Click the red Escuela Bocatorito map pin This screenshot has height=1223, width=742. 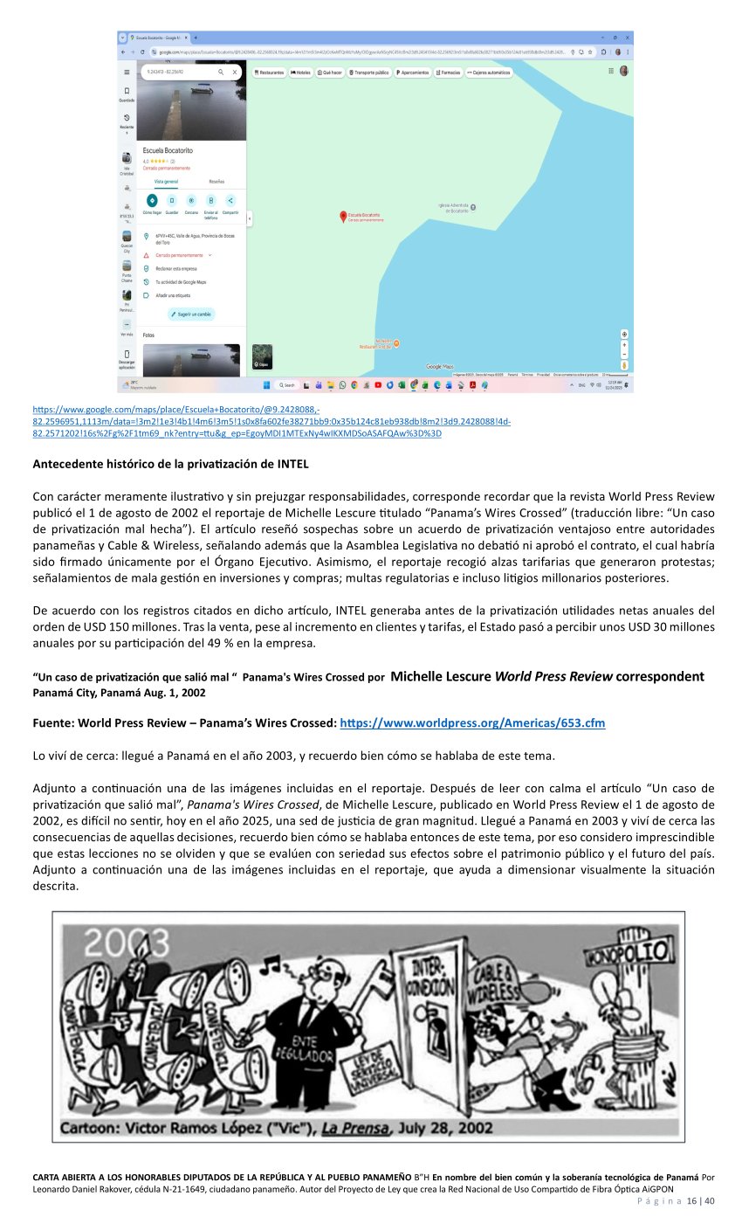tap(342, 215)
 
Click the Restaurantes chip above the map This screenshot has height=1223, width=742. tap(269, 73)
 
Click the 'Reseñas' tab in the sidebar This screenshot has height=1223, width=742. tap(216, 181)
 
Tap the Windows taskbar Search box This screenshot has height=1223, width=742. tap(287, 384)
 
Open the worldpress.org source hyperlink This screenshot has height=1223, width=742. tap(471, 723)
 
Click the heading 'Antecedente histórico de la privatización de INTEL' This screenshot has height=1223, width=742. tap(171, 463)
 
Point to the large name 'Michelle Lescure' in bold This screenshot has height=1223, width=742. tap(441, 676)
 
